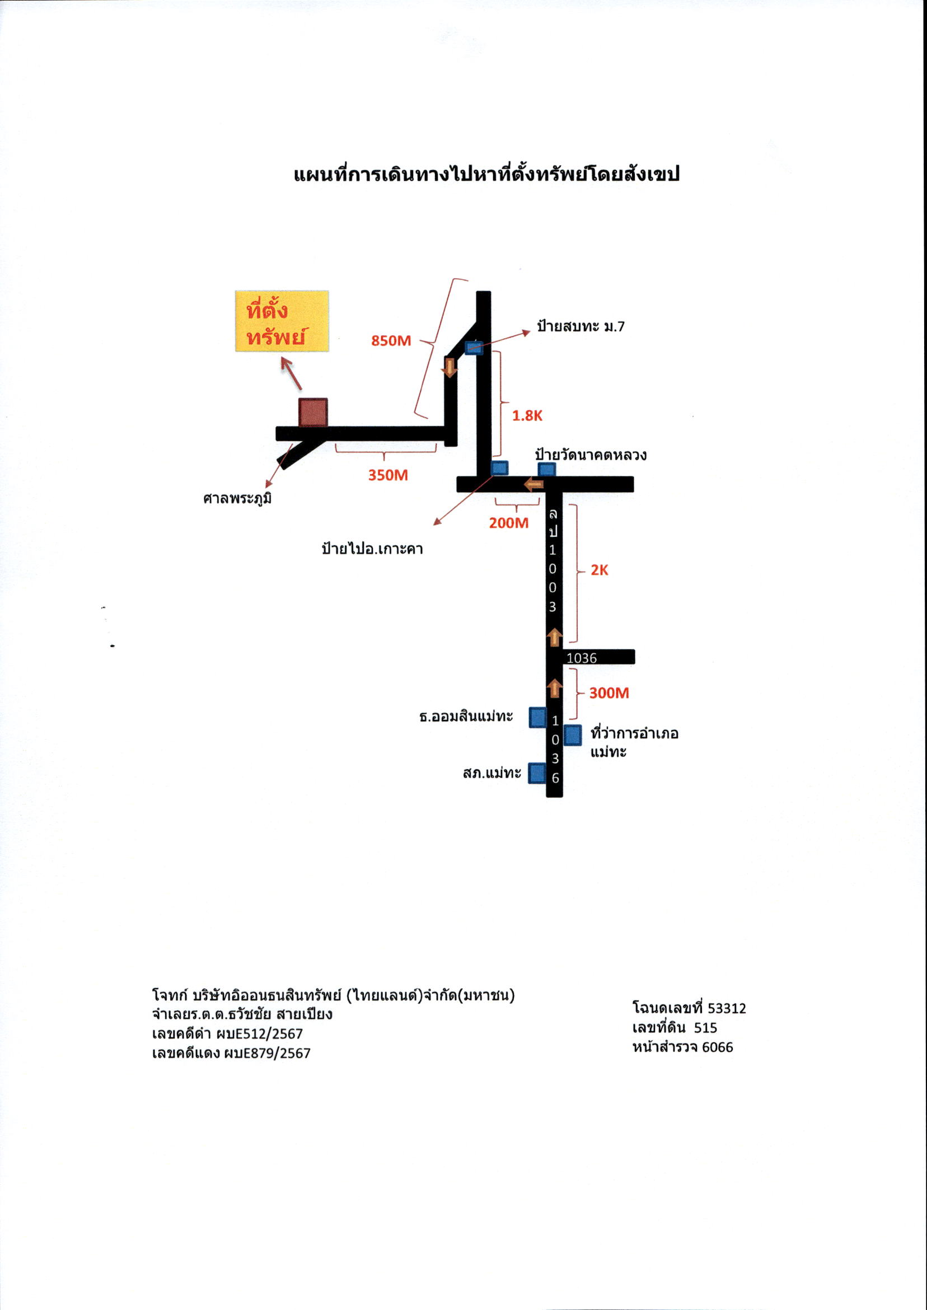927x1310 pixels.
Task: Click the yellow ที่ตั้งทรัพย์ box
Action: point(282,321)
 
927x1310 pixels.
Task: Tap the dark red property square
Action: point(313,412)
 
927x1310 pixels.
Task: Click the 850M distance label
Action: point(391,341)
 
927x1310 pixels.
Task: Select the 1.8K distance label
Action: point(527,415)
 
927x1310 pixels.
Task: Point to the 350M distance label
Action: point(387,475)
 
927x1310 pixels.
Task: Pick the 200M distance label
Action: point(509,523)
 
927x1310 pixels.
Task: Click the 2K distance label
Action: point(600,570)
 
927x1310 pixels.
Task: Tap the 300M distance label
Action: point(609,693)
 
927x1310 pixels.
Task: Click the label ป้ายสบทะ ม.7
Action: point(580,326)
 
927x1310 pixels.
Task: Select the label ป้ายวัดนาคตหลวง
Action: point(591,456)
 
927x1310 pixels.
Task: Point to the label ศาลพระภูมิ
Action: point(237,499)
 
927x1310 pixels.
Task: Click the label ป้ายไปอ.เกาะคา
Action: point(372,549)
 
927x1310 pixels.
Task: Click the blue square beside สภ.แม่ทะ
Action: point(537,773)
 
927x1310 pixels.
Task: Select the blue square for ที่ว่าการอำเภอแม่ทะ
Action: point(573,735)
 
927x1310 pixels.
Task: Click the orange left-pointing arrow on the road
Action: point(533,485)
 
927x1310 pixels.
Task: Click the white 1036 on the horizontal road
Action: point(581,658)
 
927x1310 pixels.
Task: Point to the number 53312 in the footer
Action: point(727,1009)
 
